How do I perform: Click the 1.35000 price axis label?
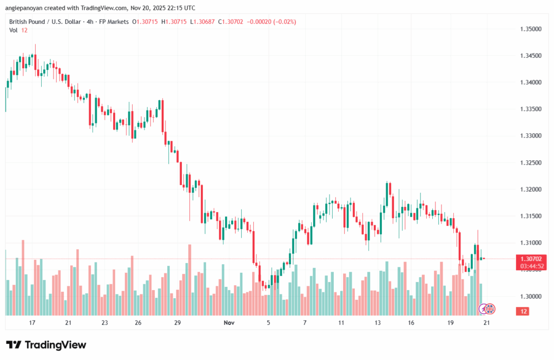[x=530, y=29]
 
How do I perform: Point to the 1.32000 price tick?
[x=530, y=189]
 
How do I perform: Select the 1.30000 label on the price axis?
[x=530, y=297]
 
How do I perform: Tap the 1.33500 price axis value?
[x=530, y=109]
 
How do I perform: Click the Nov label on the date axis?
[x=229, y=323]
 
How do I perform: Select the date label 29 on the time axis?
[x=177, y=323]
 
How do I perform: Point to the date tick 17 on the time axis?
[x=32, y=323]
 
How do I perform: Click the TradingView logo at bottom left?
[x=46, y=345]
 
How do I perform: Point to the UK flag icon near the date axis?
[x=490, y=309]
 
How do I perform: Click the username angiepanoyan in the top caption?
[x=27, y=8]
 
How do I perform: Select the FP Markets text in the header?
[x=114, y=22]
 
